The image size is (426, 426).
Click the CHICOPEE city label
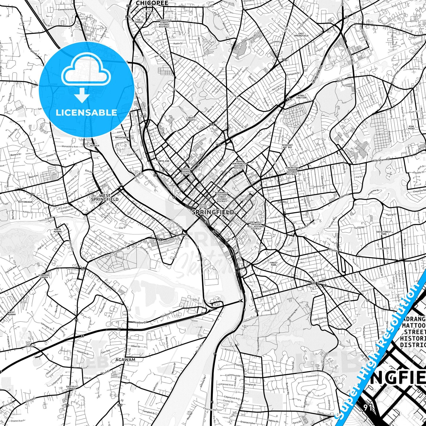tap(152, 3)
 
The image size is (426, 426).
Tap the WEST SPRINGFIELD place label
tap(105, 198)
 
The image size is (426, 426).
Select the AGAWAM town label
tap(125, 360)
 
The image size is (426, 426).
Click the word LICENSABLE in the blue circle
tap(86, 113)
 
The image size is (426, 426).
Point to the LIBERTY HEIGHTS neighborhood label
tap(191, 119)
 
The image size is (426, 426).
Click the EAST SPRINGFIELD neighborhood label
tap(301, 34)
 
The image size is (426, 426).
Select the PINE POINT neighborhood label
tap(412, 127)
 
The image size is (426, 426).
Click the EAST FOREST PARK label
tap(384, 233)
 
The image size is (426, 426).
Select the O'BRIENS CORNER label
tap(43, 276)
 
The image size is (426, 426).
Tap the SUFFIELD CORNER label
tap(71, 387)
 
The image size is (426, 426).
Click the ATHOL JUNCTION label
tap(301, 96)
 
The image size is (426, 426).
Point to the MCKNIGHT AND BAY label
tap(287, 146)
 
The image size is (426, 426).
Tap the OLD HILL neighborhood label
tap(282, 202)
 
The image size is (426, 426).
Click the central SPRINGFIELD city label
tap(213, 212)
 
